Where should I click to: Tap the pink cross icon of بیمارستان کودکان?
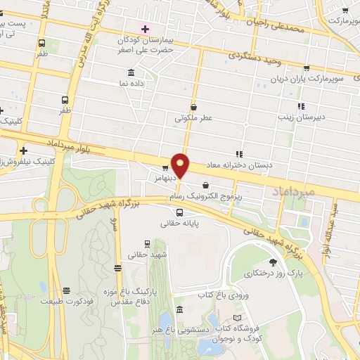point(145,29)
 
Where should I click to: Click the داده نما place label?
point(131,83)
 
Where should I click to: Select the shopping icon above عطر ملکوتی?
point(193,108)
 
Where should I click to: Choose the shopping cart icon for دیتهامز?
point(165,168)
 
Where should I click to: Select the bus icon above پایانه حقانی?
point(179,212)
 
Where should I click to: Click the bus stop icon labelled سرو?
point(117,267)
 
